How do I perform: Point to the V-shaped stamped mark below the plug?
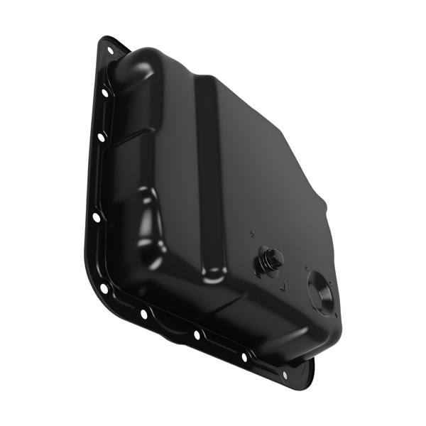282,287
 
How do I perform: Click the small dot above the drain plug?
252,233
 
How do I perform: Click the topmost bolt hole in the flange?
110,50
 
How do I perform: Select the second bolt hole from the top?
105,93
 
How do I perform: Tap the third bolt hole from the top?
101,137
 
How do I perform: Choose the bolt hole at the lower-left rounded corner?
104,289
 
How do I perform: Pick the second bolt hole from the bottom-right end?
244,357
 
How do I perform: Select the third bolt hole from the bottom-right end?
197,334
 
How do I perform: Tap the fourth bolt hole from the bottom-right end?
144,313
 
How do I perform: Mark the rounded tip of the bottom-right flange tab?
310,376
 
